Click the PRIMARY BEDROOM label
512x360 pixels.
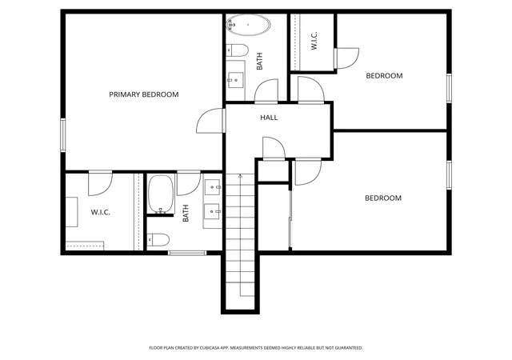pyautogui.click(x=144, y=94)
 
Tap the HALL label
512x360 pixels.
pyautogui.click(x=269, y=118)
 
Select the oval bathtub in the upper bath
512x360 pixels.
pyautogui.click(x=249, y=25)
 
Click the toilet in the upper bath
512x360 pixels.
pyautogui.click(x=238, y=50)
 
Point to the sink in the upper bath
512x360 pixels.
pyautogui.click(x=235, y=80)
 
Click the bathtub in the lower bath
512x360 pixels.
pyautogui.click(x=161, y=194)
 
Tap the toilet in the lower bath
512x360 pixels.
pyautogui.click(x=158, y=240)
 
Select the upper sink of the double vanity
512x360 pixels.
pyautogui.click(x=213, y=187)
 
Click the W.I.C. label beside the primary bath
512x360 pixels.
pyautogui.click(x=100, y=212)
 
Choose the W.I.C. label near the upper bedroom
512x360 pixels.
pyautogui.click(x=314, y=41)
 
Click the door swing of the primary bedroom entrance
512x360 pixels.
pyautogui.click(x=210, y=121)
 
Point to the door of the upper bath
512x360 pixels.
pyautogui.click(x=266, y=91)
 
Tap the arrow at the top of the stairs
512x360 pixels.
pyautogui.click(x=241, y=176)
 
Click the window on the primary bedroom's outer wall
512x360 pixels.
pyautogui.click(x=63, y=135)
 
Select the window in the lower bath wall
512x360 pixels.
pyautogui.click(x=187, y=253)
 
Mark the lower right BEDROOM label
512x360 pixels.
pyautogui.click(x=383, y=198)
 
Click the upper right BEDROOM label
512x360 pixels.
pyautogui.click(x=384, y=76)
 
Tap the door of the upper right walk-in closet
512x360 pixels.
pyautogui.click(x=346, y=58)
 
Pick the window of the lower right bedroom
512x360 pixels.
pyautogui.click(x=449, y=175)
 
